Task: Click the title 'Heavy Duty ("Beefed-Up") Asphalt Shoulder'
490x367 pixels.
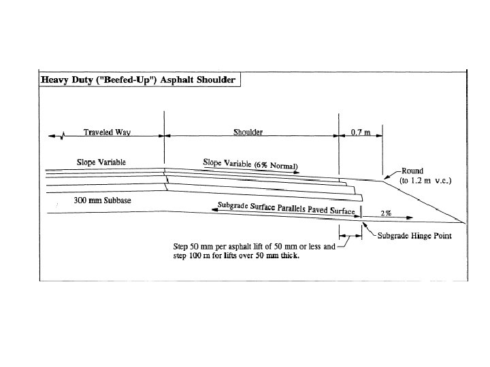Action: [x=139, y=80]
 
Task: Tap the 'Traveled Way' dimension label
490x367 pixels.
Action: [x=107, y=133]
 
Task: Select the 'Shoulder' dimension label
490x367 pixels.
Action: [x=248, y=133]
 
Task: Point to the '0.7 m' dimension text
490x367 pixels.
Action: [x=360, y=133]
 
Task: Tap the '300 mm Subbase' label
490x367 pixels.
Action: [x=101, y=201]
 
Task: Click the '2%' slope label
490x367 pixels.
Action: [x=385, y=213]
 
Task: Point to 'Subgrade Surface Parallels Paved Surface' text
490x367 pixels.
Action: [x=287, y=208]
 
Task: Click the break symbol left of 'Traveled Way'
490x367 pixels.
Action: [x=63, y=135]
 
